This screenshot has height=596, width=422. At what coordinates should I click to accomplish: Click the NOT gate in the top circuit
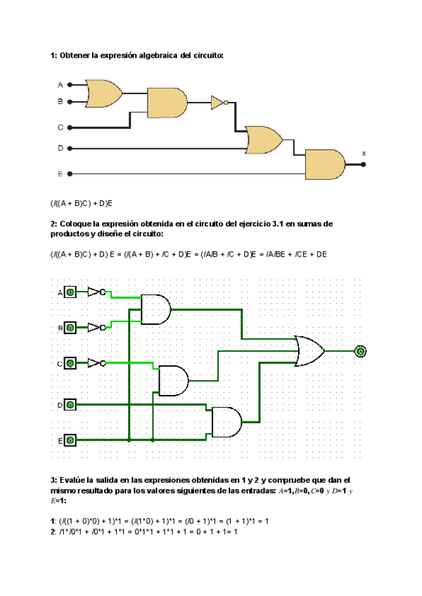218,103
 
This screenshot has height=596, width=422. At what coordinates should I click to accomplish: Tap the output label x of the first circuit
364,153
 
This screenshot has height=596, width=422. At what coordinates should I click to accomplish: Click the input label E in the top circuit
60,173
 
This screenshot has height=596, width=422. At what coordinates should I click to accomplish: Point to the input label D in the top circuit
60,148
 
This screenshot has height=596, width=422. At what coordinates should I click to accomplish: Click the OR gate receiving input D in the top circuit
262,140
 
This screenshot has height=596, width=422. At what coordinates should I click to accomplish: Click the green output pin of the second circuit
360,350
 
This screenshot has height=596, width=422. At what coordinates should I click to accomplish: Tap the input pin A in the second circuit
70,292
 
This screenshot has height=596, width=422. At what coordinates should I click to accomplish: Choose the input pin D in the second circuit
70,405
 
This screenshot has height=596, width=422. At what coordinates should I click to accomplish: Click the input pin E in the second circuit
70,440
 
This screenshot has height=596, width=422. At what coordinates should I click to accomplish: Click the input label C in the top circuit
60,127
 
